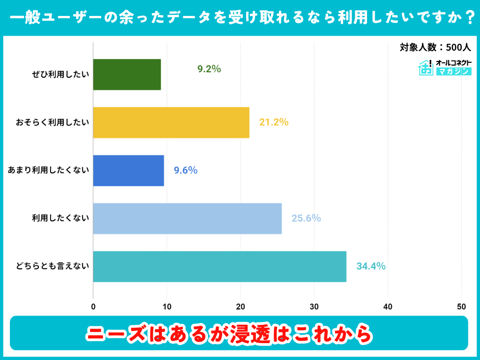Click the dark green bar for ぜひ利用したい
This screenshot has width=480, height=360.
(127, 75)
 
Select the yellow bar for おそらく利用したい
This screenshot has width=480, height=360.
(171, 122)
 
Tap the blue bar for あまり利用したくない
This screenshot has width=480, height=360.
(128, 171)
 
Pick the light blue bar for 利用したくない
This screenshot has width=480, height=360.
(187, 218)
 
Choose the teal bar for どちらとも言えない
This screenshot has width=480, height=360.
(219, 266)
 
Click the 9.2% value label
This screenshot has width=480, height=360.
(209, 69)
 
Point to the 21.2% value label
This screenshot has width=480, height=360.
(274, 122)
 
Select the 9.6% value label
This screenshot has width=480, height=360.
(186, 171)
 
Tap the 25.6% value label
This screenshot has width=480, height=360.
(306, 218)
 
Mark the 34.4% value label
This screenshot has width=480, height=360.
(371, 266)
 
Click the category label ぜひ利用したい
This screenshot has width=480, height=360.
(60, 75)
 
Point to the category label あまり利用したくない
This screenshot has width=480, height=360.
(48, 171)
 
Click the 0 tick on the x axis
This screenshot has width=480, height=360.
(93, 307)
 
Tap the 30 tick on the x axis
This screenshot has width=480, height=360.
(314, 307)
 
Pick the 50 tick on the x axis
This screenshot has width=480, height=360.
(461, 307)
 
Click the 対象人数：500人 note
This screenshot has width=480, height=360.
(435, 47)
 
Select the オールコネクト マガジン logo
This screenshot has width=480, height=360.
(444, 67)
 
